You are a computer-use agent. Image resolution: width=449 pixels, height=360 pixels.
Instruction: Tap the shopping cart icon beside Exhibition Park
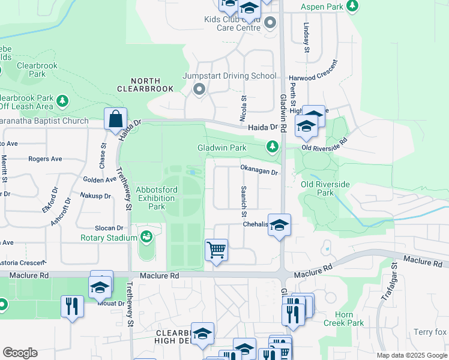coord(216,249)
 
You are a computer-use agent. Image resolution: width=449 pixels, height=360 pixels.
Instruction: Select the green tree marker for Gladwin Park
coord(273,146)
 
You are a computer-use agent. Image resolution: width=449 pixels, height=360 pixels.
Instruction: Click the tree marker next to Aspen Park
coord(353,6)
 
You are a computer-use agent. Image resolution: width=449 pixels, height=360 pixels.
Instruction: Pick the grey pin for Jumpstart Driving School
coord(199,89)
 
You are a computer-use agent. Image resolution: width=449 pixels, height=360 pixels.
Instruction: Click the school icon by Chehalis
coord(279,225)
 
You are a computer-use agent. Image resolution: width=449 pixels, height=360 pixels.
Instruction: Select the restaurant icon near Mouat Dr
coord(72,306)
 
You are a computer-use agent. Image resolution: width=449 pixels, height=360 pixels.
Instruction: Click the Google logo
coord(20,353)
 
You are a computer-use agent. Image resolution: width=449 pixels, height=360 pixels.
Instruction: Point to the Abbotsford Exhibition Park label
coord(148,197)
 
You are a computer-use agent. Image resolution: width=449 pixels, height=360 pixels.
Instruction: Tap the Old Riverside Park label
coord(325,188)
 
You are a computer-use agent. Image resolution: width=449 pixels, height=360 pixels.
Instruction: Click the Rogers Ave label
coord(45,159)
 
